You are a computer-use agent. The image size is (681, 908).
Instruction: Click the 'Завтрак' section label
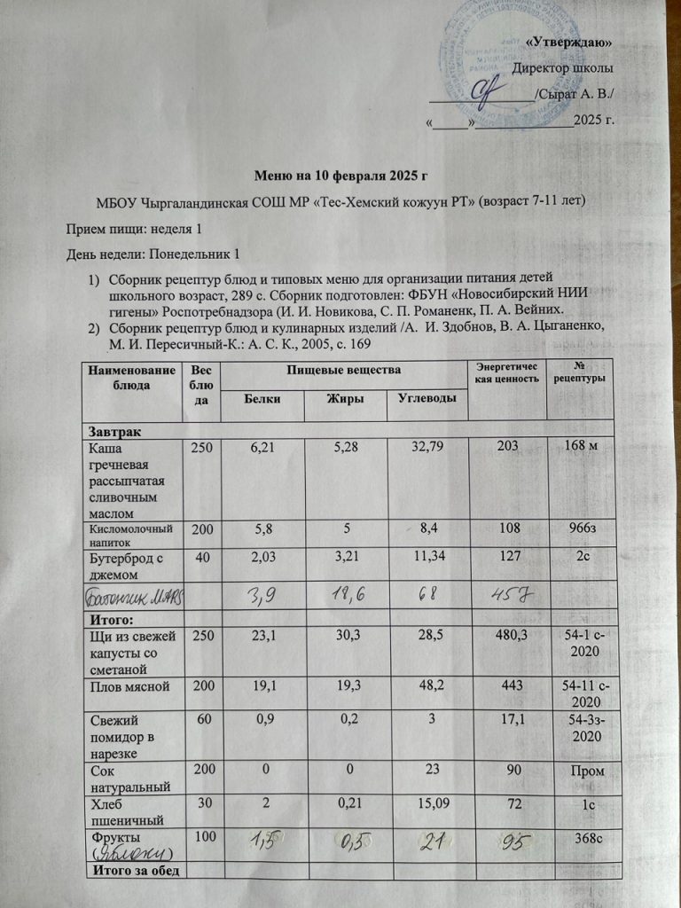point(113,431)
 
